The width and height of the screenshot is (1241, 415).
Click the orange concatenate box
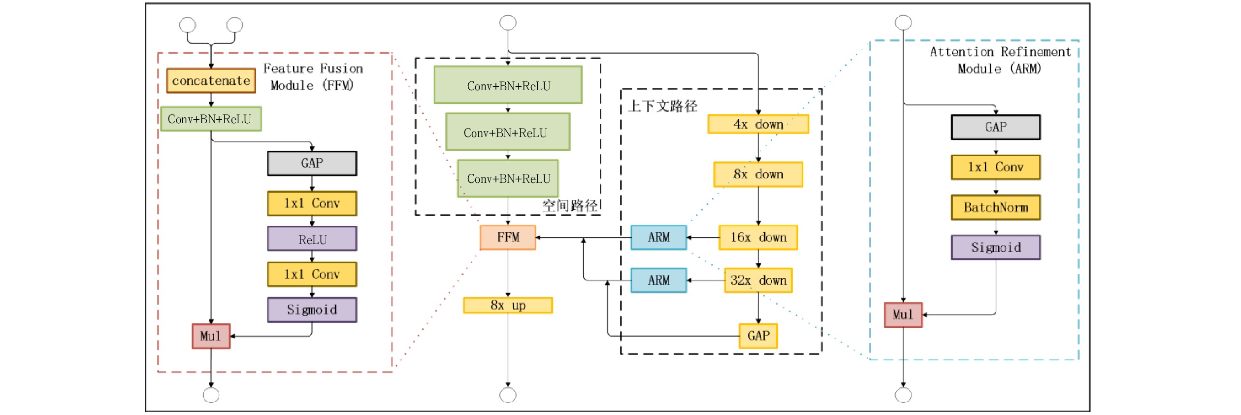(x=211, y=81)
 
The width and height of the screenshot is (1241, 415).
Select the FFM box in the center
(x=508, y=238)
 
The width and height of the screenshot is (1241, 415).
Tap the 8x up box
(x=508, y=306)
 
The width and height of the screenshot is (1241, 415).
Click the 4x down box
(x=758, y=124)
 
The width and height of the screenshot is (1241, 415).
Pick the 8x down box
(x=758, y=174)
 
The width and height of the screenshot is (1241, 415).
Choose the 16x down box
(x=758, y=238)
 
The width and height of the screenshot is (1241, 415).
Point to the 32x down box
(x=758, y=280)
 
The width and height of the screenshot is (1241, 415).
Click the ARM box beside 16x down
(x=658, y=238)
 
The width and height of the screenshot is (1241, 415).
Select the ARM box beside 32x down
(x=658, y=280)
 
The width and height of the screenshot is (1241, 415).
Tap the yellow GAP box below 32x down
(x=758, y=336)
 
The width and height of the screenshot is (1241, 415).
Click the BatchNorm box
(x=995, y=207)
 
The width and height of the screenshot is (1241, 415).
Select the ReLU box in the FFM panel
(x=312, y=239)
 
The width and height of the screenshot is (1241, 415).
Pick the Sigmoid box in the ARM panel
(x=995, y=247)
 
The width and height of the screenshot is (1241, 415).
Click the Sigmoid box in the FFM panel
(x=312, y=310)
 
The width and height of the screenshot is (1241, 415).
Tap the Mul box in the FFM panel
(x=211, y=336)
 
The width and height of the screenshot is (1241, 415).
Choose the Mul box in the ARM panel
(x=903, y=315)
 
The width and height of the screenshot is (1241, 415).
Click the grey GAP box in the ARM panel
(x=995, y=127)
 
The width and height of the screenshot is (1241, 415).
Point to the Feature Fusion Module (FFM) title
(x=313, y=77)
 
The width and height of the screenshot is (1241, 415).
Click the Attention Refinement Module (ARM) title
(x=1000, y=60)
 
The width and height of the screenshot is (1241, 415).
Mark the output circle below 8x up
(x=508, y=395)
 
